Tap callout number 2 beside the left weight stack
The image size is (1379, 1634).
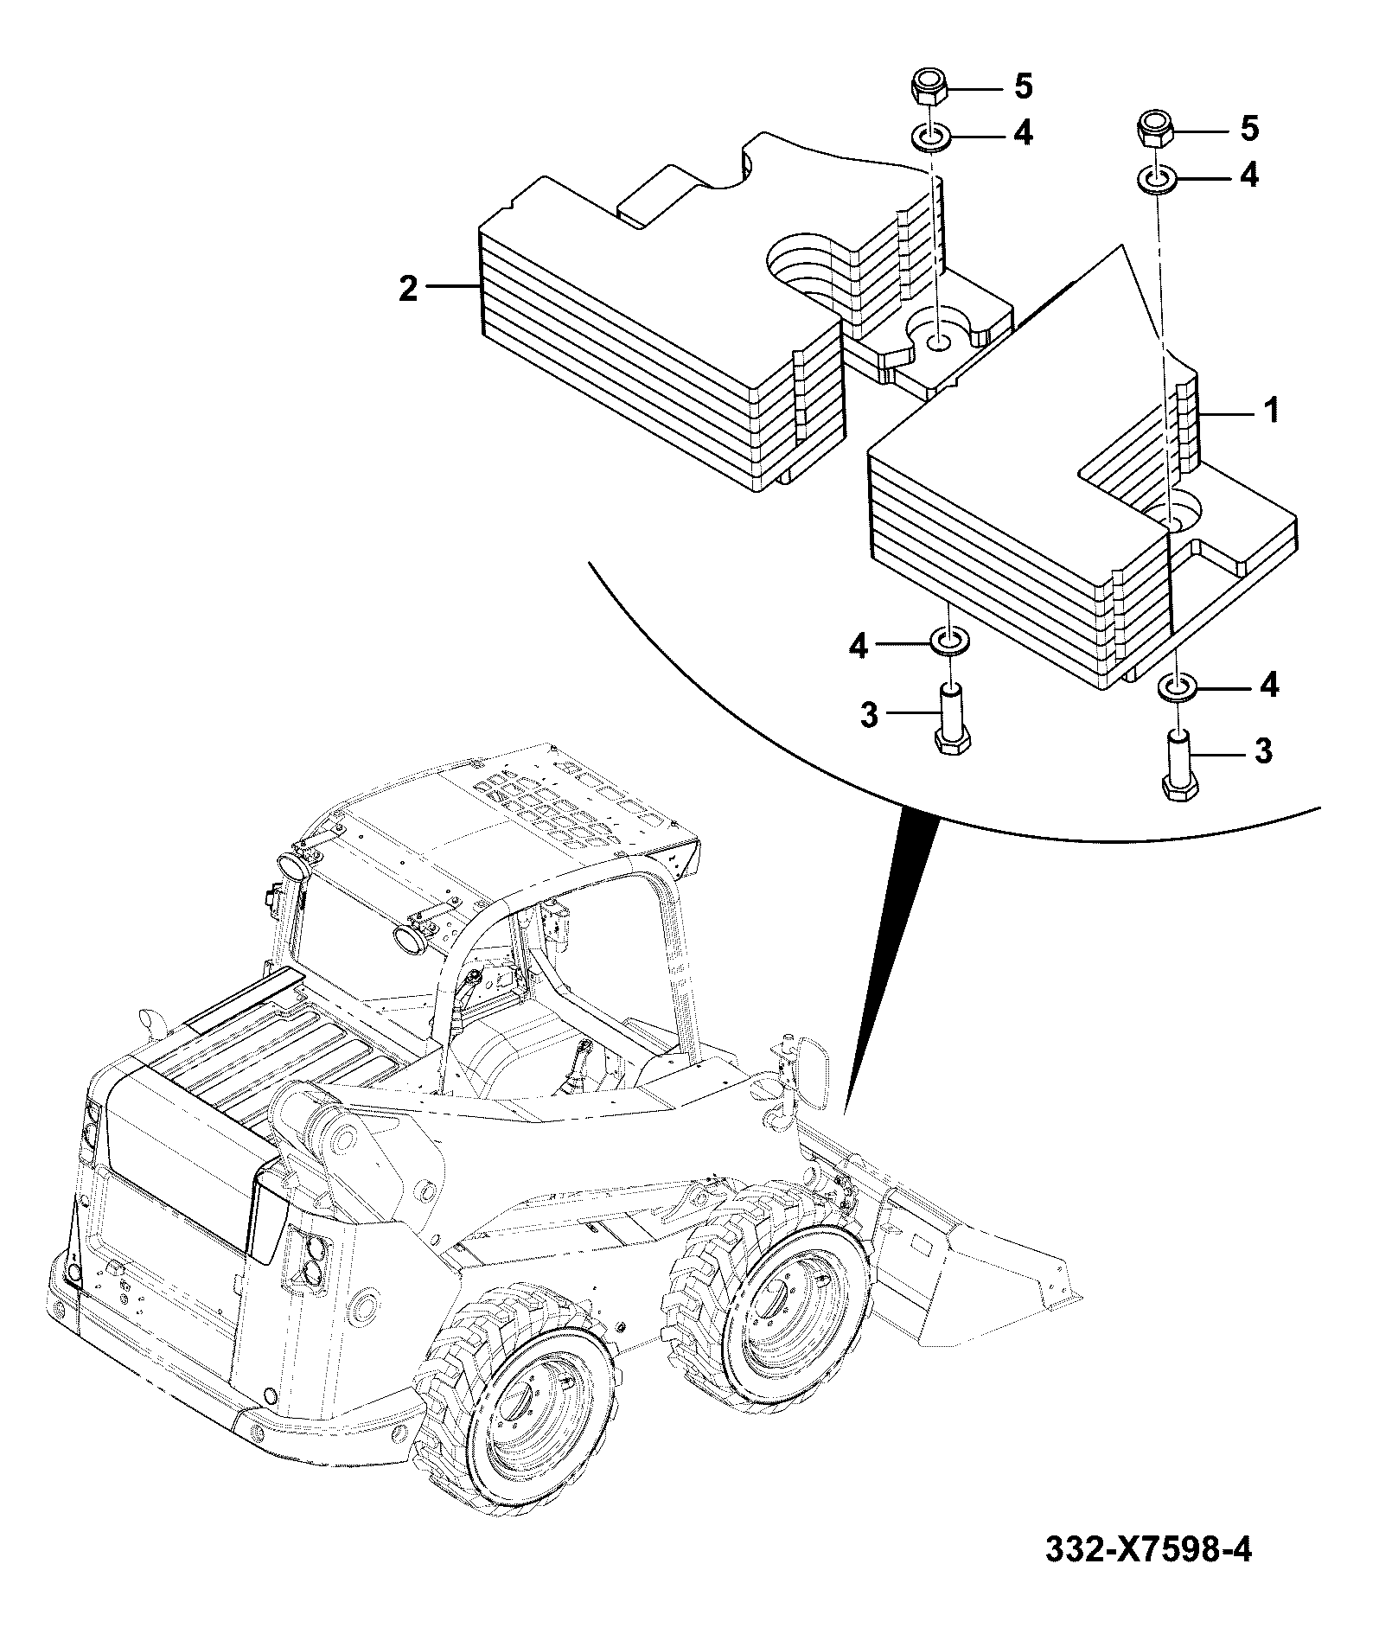[x=408, y=288]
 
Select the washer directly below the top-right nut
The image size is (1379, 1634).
[x=1155, y=181]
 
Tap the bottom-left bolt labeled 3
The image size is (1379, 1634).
[x=952, y=719]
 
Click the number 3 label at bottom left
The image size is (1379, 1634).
[x=871, y=716]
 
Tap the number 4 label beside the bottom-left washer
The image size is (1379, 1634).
[x=859, y=646]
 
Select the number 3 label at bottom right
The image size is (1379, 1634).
[x=1264, y=751]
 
